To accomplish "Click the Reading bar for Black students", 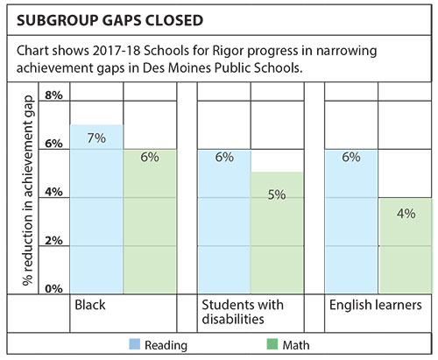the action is [x=96, y=209].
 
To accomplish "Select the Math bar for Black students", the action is [x=150, y=222].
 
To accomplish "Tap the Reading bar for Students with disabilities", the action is [x=224, y=222].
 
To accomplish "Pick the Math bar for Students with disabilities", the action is [x=277, y=233].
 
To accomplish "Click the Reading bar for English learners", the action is [x=351, y=222].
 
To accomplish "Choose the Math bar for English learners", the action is [x=406, y=246].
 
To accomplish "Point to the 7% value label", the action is [x=96, y=138].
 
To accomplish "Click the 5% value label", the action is [x=277, y=194].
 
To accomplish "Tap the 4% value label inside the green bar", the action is [x=406, y=214].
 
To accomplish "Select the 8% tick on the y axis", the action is [x=53, y=95].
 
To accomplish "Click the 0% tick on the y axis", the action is [x=53, y=289].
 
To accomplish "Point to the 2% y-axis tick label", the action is [x=53, y=241].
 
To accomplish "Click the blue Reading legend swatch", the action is [x=135, y=344].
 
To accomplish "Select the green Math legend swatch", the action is [x=272, y=344].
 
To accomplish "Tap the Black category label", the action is [x=90, y=305].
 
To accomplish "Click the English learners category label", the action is [x=376, y=305].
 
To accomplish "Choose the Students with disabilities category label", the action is [x=243, y=312].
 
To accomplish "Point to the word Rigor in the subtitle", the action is [x=228, y=51].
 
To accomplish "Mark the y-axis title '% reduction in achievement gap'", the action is [x=28, y=191].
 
